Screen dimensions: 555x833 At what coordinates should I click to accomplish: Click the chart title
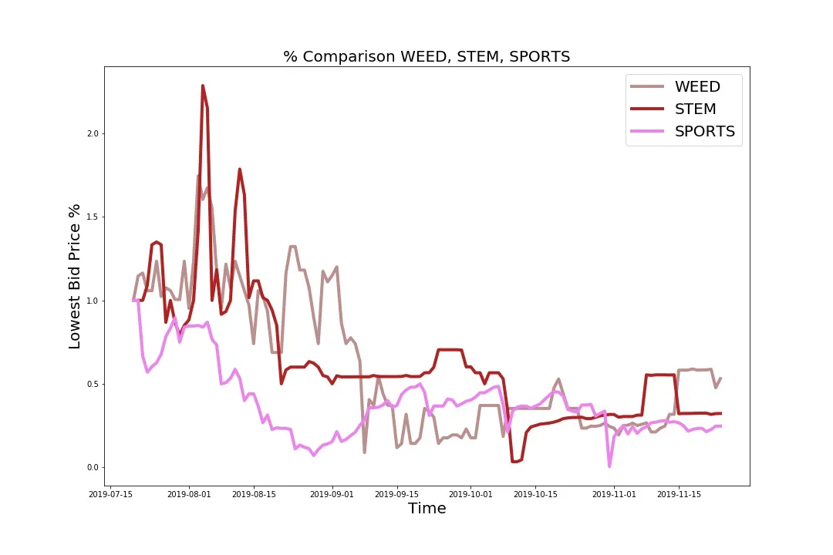coord(427,56)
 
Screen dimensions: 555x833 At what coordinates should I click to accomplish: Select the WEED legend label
coord(697,86)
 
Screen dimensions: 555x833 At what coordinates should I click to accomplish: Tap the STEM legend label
coord(695,109)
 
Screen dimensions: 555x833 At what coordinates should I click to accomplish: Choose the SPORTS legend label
coord(704,131)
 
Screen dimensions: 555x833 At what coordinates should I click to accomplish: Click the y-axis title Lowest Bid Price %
coord(75,276)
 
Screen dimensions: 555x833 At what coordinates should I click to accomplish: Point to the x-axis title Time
coord(427,508)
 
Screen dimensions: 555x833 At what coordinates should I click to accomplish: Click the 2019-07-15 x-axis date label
coord(111,493)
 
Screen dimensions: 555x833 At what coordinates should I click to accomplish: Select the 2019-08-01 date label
coord(190,493)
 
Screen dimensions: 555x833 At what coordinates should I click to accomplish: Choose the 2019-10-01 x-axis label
coord(471,493)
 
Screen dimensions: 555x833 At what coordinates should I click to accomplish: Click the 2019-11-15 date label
coord(679,493)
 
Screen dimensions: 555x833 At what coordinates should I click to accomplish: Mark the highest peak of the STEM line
coord(203,86)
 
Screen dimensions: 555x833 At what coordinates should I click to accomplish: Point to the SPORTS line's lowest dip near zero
coord(609,466)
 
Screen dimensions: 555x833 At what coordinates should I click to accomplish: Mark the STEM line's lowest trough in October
coord(514,461)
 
